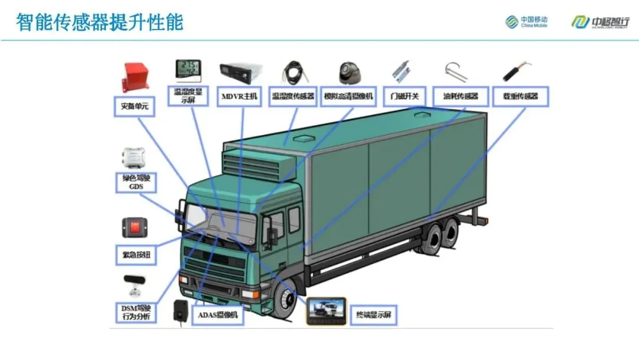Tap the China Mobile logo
[x=526, y=22]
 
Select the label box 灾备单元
[x=134, y=107]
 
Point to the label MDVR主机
[x=240, y=97]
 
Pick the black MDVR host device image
[x=240, y=73]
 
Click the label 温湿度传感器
[x=293, y=97]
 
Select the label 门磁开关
[x=405, y=97]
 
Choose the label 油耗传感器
[x=460, y=97]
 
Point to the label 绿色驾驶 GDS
[x=137, y=182]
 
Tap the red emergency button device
[x=135, y=227]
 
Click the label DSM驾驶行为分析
[x=135, y=313]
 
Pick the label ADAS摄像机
[x=219, y=316]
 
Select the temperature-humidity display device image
[x=188, y=70]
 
